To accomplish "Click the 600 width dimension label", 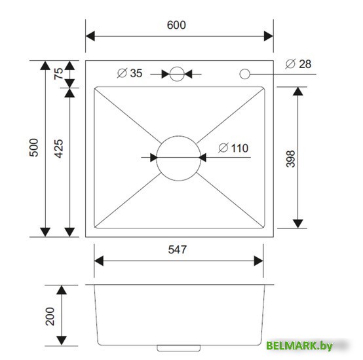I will coord(176,25).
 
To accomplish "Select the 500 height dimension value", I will coord(34,148).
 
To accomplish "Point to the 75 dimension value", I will coord(58,74).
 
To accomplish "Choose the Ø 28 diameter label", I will coord(298,63).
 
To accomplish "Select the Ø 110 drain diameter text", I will coord(233,148).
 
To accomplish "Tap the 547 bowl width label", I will coord(178,249).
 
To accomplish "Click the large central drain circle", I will coord(178,157).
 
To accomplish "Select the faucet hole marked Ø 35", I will coord(177,74).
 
